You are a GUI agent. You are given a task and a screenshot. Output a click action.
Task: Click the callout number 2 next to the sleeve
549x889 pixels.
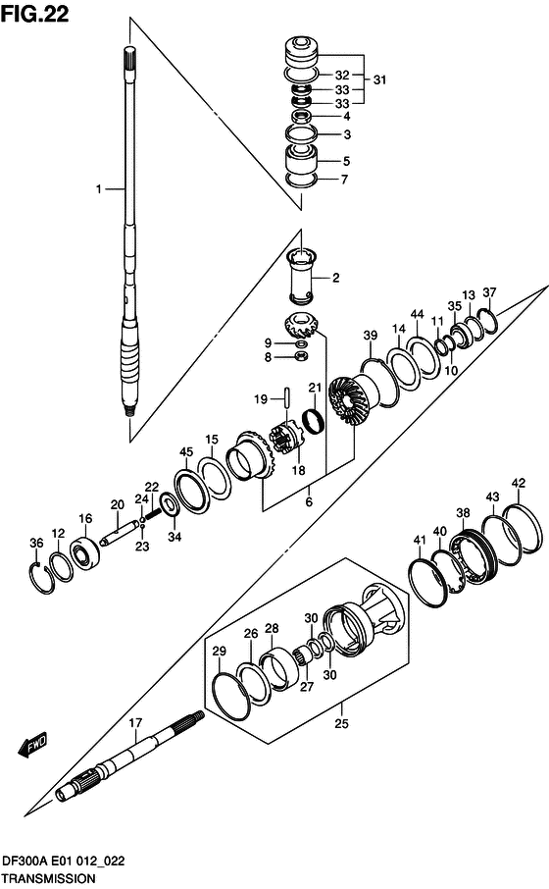334,279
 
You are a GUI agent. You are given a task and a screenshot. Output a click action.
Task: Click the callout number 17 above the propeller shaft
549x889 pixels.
135,724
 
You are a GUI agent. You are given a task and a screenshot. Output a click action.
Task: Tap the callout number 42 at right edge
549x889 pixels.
519,482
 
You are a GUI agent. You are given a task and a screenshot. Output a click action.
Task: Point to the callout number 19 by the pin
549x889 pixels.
262,399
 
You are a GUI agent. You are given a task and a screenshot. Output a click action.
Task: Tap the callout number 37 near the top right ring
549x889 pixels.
489,292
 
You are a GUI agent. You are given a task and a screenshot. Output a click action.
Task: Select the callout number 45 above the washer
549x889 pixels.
185,451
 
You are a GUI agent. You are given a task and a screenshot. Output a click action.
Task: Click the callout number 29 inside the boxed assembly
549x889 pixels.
219,652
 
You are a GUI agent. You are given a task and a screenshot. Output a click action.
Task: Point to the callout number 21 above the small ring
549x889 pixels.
315,388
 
